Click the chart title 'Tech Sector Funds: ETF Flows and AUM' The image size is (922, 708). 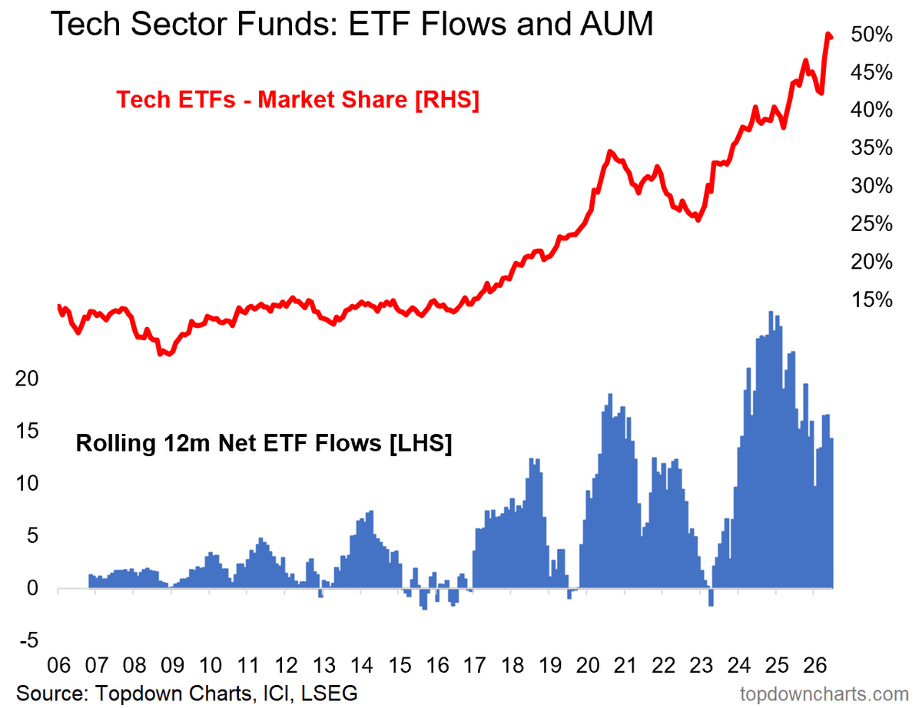pos(352,24)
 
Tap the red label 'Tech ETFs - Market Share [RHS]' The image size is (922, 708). pos(297,100)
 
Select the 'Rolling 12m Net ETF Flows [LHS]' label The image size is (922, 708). pos(264,443)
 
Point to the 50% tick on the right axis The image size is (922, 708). pos(871,35)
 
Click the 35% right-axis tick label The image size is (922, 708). pos(871,148)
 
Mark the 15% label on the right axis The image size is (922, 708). pos(871,299)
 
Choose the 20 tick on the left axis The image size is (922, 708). pos(27,378)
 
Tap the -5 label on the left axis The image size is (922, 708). pos(29,640)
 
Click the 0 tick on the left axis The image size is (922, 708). pos(33,588)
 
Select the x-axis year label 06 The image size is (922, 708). pos(58,665)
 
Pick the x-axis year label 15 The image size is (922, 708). pos(400,665)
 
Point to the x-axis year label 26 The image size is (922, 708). pos(814,665)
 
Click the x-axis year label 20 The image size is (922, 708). pos(588,665)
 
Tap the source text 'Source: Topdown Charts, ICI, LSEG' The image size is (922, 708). pos(187,693)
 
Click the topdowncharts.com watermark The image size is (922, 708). pos(824,694)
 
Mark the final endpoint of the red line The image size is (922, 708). pos(831,38)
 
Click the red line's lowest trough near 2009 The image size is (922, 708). pos(170,354)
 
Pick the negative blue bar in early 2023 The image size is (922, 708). pos(711,597)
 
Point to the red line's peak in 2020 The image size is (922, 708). pos(610,151)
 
